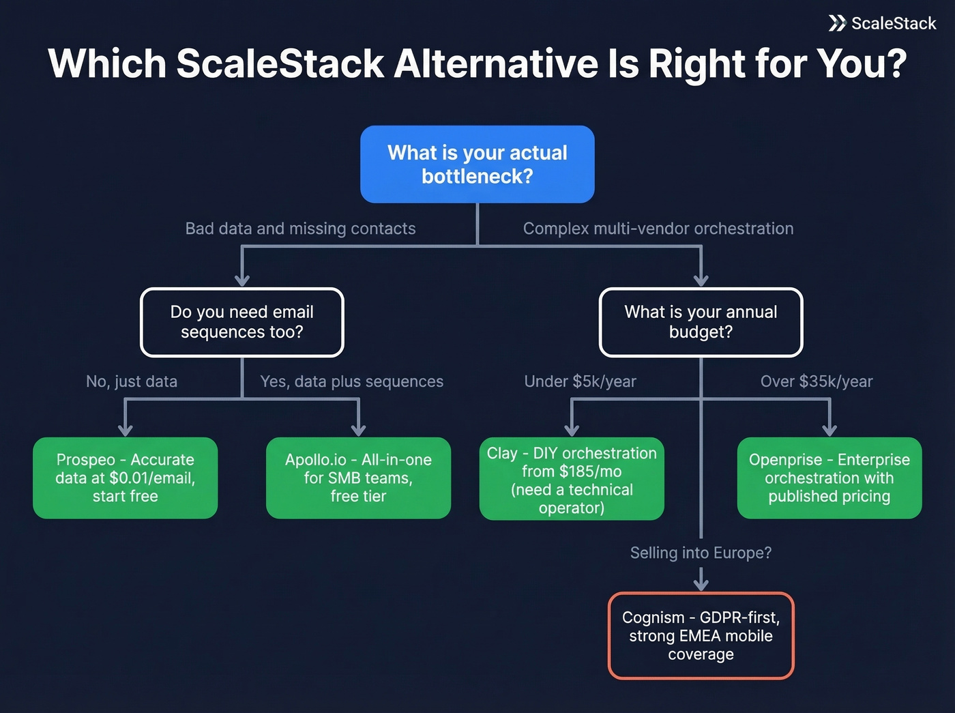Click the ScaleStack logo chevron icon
click(x=837, y=23)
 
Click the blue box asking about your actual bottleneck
click(x=477, y=164)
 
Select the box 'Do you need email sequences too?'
click(x=242, y=322)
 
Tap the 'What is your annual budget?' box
click(x=701, y=322)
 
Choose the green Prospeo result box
click(x=126, y=478)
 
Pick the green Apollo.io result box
click(x=358, y=478)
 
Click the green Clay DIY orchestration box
click(x=572, y=480)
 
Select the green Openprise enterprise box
click(x=829, y=478)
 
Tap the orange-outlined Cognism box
click(x=701, y=635)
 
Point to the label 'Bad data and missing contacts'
click(x=300, y=229)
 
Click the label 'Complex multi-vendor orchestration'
click(x=658, y=229)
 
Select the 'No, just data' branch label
click(x=132, y=381)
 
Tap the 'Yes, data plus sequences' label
click(x=352, y=381)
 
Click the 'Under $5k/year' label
click(x=580, y=381)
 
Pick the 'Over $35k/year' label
click(x=817, y=381)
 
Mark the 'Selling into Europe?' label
click(x=701, y=553)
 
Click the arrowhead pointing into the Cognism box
click(x=701, y=584)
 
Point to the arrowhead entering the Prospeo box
click(x=126, y=429)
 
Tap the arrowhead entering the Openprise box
click(x=829, y=429)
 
